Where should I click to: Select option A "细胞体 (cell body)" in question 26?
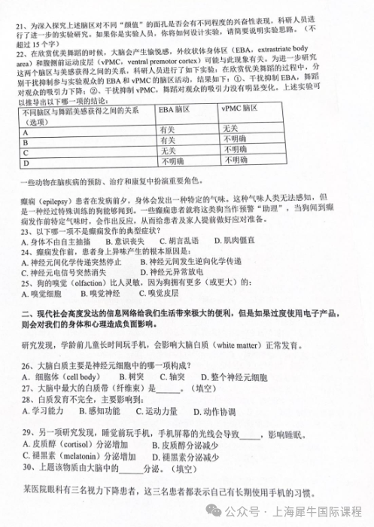68,374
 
